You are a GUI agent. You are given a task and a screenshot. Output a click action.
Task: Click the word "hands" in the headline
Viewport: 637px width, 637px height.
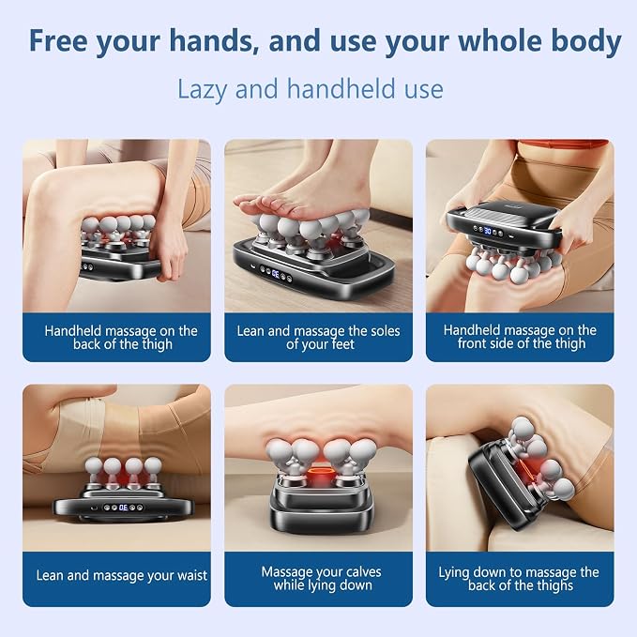pos(215,40)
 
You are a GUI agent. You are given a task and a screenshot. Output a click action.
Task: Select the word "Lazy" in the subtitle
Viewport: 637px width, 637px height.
pos(202,90)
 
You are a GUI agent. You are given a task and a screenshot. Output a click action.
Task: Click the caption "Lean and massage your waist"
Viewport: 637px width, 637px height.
pos(121,576)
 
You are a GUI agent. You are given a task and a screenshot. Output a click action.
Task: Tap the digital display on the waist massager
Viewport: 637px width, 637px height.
pos(124,508)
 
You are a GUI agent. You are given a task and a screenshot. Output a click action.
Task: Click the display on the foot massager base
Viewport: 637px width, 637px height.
pos(275,273)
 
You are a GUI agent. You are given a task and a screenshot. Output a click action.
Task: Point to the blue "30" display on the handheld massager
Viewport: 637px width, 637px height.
pos(488,231)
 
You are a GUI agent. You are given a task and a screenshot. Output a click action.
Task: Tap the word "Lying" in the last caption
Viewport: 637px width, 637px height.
pos(454,573)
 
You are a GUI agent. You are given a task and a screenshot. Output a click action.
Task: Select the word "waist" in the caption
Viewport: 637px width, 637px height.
pos(190,576)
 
